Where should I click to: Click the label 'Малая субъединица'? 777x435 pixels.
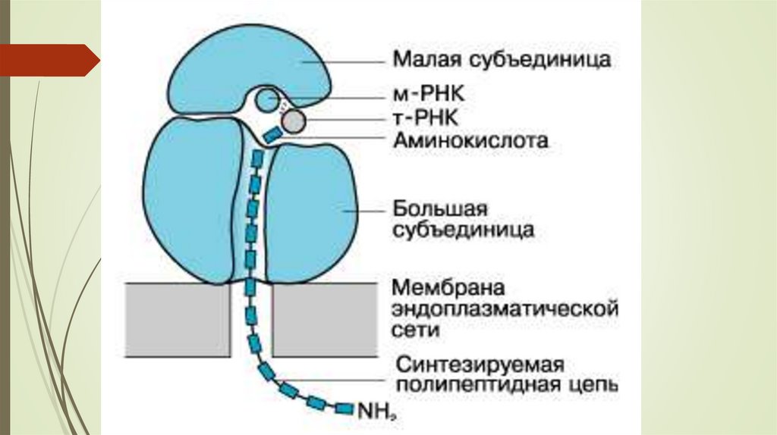tap(502, 59)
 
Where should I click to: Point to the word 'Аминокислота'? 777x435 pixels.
tap(470, 140)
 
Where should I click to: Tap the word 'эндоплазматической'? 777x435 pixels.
tap(504, 310)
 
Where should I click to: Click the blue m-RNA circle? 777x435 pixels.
tap(266, 99)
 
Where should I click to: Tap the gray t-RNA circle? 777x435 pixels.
tap(294, 120)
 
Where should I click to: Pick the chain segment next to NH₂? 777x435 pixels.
tap(344, 409)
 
